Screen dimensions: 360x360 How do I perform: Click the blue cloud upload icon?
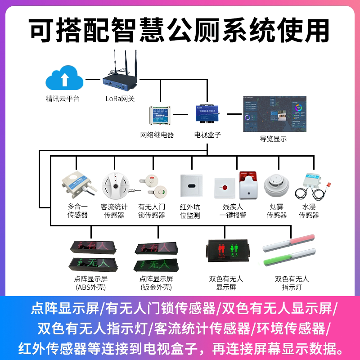pos(64,79)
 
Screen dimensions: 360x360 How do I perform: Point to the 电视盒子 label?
pos(207,135)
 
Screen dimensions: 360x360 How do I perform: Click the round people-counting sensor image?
pos(115,184)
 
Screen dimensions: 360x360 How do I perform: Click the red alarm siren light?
pos(248,184)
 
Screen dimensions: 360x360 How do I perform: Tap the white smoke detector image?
pos(275,185)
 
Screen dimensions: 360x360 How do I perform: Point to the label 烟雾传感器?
pos(276,211)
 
